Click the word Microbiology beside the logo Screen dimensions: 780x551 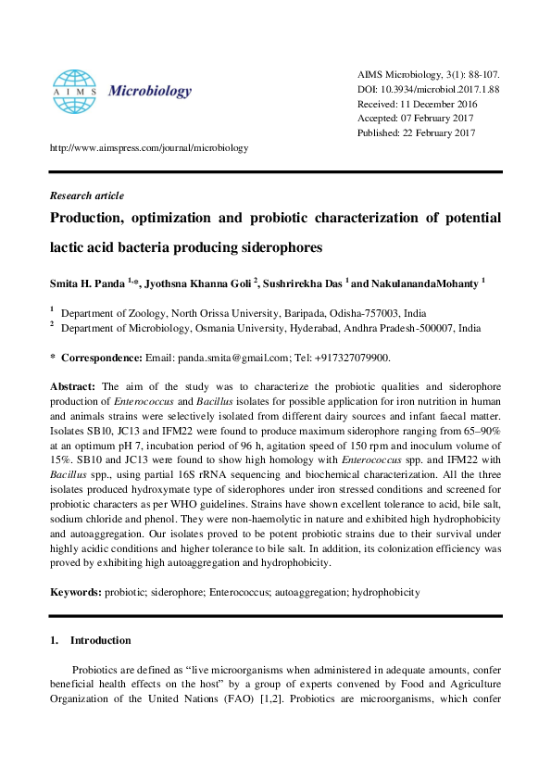150,91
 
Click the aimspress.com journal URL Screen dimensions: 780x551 148,147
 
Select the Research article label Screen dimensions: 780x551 86,195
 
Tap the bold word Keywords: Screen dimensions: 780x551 76,592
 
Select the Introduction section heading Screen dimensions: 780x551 100,640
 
